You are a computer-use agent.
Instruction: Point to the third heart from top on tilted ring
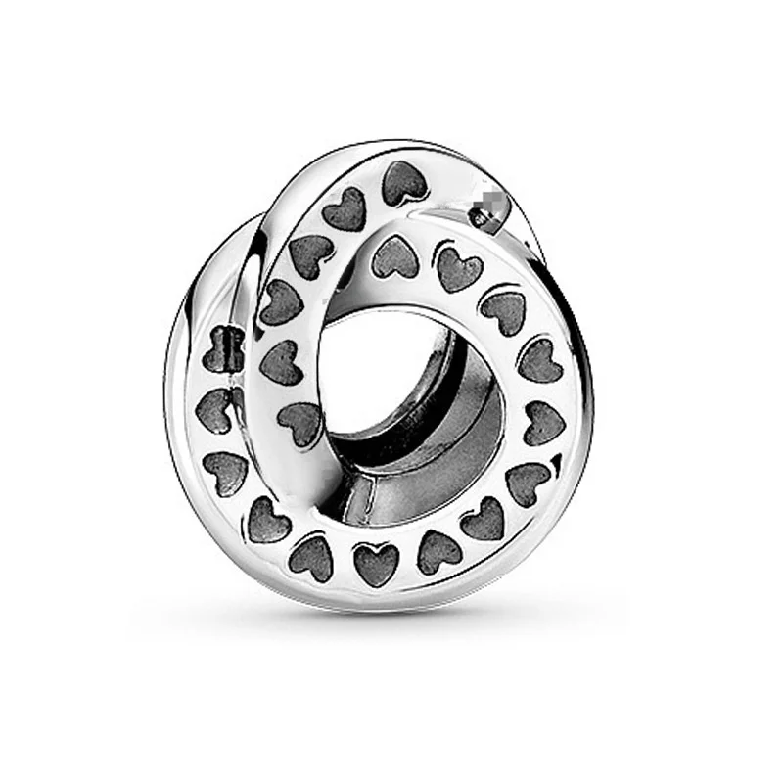[x=309, y=253]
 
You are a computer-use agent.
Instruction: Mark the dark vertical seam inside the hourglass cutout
[x=232, y=349]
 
